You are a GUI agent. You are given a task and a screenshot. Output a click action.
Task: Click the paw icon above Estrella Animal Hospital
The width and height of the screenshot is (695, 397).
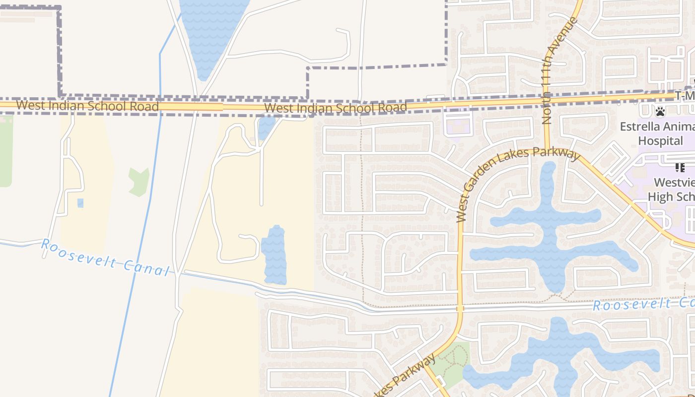tap(660, 112)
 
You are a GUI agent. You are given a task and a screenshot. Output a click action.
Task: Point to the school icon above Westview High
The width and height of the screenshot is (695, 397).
tap(680, 168)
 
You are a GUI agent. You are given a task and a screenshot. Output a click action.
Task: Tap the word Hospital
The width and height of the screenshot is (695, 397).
tap(660, 141)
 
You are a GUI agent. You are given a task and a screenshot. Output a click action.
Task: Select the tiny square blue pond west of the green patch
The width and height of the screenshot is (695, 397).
tap(80, 203)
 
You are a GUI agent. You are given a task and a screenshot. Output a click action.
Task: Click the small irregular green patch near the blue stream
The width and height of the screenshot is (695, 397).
tap(139, 182)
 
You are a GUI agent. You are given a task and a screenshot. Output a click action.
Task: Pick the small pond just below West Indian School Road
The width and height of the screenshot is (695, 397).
tap(266, 128)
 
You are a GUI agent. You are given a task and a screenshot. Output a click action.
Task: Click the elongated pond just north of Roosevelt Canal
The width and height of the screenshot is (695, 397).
tap(274, 256)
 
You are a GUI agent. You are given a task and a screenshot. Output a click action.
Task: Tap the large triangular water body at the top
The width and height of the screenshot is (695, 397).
tap(211, 30)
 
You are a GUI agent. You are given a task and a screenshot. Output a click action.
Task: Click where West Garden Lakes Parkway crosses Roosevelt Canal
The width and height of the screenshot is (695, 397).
tap(460, 309)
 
